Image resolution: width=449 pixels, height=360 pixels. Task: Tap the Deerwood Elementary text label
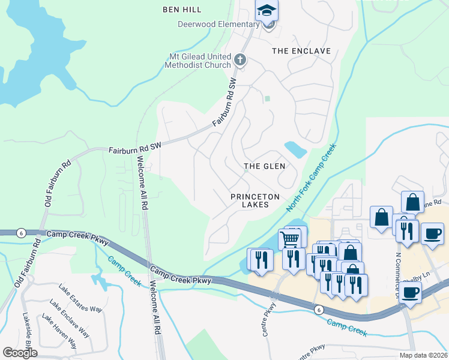click(x=217, y=24)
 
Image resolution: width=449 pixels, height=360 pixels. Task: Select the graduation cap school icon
click(x=267, y=11)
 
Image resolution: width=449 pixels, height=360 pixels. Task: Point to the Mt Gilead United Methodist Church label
click(x=199, y=61)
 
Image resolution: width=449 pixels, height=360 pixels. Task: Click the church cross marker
click(x=240, y=59)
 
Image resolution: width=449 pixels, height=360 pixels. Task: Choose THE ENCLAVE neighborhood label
click(x=301, y=51)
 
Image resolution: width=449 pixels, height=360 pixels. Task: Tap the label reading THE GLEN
click(x=264, y=166)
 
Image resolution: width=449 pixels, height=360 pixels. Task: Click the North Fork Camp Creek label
click(x=312, y=177)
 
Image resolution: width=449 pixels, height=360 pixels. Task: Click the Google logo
click(x=20, y=353)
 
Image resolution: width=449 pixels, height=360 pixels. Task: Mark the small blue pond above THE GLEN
click(x=295, y=148)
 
